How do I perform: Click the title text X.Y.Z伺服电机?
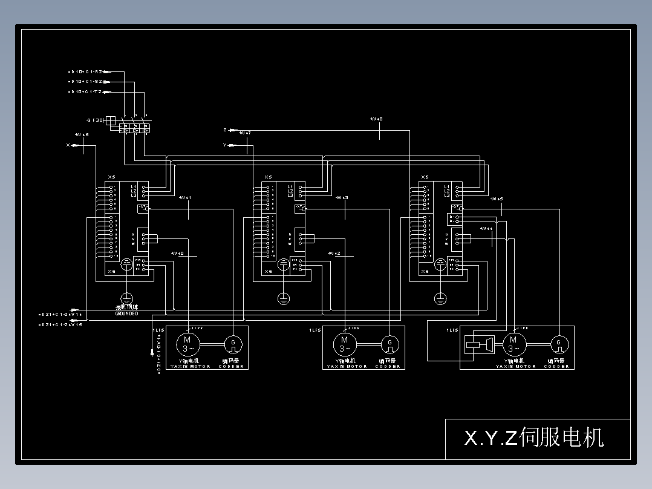click(533, 438)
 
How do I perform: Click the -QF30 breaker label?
click(95, 120)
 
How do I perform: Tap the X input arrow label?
click(68, 145)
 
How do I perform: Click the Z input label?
click(225, 130)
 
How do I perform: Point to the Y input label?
click(225, 145)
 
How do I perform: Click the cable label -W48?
click(376, 119)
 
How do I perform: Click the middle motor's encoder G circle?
click(390, 344)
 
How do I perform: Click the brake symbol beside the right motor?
click(478, 345)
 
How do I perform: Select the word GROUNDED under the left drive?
click(126, 313)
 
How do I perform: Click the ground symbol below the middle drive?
click(283, 298)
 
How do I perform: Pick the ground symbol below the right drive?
click(440, 298)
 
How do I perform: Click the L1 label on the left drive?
click(134, 186)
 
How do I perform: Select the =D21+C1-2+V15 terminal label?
click(60, 325)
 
